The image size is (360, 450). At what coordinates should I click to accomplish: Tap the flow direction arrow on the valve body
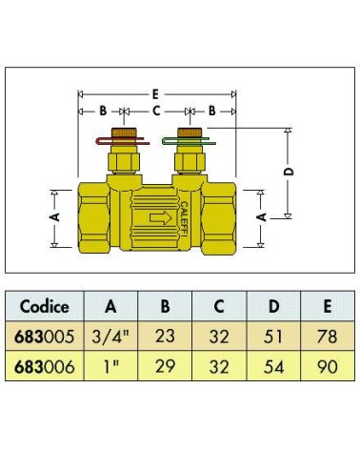point(161,218)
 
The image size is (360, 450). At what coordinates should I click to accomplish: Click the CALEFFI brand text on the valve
point(184,219)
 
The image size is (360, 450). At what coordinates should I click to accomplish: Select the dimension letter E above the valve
point(155,94)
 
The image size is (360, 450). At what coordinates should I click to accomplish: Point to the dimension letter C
point(156,112)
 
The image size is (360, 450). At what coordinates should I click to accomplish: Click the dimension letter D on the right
point(289,172)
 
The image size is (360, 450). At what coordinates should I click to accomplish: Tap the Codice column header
point(44,307)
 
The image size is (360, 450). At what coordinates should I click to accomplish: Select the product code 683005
point(44,337)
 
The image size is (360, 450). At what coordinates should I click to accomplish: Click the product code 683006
point(44,367)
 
